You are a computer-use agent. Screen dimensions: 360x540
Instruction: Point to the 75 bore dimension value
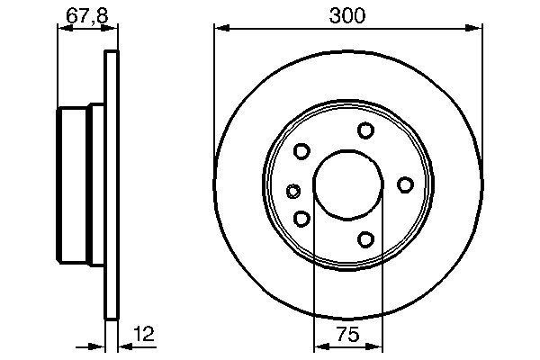point(347,335)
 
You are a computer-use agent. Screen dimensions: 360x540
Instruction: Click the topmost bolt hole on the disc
point(365,130)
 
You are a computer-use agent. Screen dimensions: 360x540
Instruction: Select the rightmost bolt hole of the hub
point(406,184)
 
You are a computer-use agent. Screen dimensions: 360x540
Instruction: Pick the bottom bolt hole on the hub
point(365,238)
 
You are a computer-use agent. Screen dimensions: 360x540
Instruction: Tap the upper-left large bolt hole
point(302,151)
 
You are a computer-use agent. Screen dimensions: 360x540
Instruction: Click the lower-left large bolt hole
point(302,218)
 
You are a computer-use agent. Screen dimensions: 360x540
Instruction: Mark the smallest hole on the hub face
point(292,190)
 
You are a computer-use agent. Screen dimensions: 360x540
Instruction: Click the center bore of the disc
point(346,184)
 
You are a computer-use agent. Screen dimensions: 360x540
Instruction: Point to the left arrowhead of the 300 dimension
point(219,28)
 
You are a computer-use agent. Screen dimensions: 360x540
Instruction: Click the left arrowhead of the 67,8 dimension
point(62,28)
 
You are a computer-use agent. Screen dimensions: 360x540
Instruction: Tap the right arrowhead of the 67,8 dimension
point(113,28)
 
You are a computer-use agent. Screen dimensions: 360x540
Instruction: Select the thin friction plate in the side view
point(112,184)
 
